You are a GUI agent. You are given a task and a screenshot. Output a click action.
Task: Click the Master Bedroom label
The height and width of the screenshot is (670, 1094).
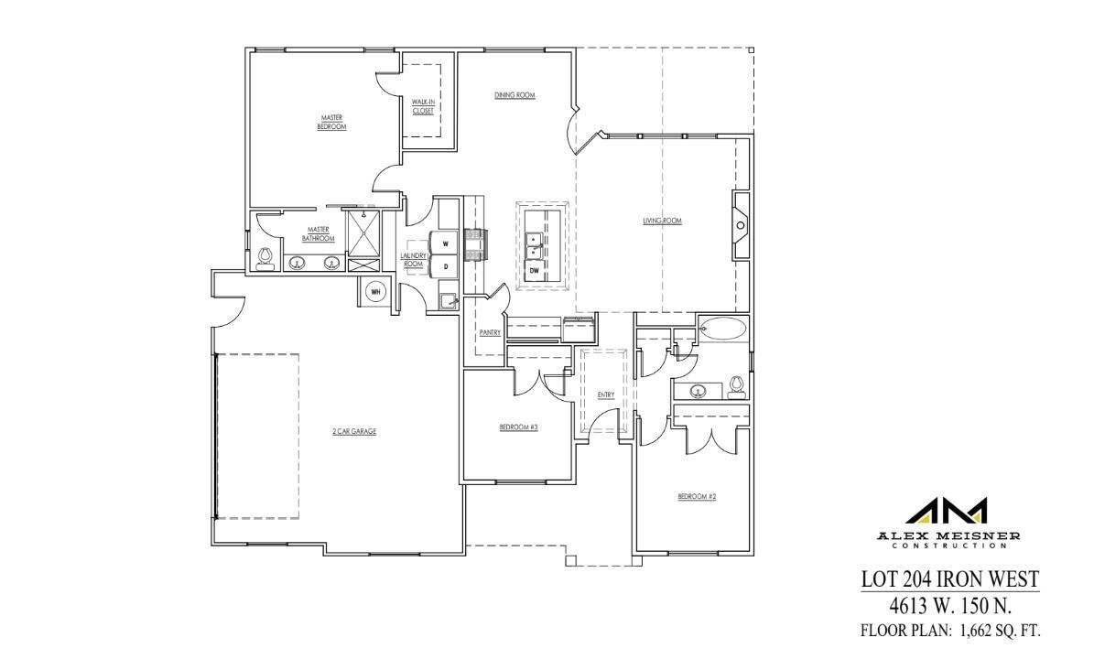(330, 122)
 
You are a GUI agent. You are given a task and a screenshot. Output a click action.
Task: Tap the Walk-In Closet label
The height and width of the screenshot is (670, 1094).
(422, 106)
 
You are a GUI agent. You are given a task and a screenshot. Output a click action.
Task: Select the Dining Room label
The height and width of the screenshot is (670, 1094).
(515, 95)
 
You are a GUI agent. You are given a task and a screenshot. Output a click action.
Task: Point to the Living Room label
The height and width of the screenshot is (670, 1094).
(662, 221)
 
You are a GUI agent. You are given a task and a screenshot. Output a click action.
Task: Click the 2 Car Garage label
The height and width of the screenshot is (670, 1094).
(354, 431)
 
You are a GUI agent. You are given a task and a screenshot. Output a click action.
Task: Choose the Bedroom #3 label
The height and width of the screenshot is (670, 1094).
(518, 427)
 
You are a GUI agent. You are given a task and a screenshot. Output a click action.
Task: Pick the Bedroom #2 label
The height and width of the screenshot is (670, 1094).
(696, 496)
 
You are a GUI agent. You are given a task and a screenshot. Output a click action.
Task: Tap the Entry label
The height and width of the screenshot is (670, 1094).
(605, 395)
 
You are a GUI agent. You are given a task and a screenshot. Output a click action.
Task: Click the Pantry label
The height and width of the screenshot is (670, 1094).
(490, 332)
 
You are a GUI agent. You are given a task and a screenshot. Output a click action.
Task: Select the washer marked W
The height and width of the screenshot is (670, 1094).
(445, 243)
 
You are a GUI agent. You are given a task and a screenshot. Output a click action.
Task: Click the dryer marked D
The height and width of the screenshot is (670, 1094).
(445, 266)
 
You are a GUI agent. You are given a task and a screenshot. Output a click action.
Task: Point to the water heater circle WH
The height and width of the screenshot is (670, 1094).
(375, 292)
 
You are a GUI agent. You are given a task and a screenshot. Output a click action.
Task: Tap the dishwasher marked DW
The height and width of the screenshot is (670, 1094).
(534, 270)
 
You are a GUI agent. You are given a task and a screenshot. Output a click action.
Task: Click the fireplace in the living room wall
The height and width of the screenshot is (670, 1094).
(740, 222)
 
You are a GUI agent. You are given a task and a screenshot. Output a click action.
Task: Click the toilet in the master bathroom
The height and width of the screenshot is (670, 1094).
(265, 258)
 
